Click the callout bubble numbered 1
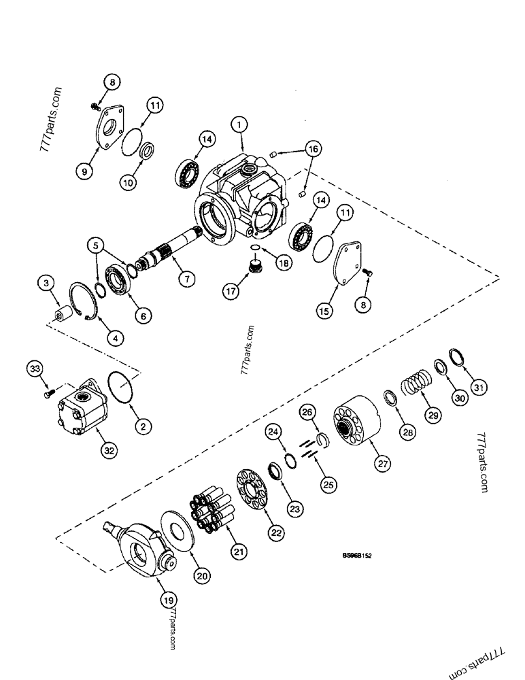(239, 124)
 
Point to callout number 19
(168, 599)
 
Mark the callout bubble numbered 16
(314, 148)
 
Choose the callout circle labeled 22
(275, 533)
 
